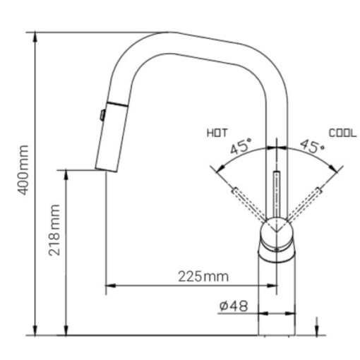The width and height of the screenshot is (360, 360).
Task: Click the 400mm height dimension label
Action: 23,170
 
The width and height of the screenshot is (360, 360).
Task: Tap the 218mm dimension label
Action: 54,230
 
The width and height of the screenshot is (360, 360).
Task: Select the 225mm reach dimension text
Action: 203,276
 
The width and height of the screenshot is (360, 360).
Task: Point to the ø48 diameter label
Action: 234,306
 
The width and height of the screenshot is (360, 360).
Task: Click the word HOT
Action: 217,133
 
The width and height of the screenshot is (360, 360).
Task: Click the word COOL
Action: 342,133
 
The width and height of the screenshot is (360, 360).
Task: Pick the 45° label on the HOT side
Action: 241,145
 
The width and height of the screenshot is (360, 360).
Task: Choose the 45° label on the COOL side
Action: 313,146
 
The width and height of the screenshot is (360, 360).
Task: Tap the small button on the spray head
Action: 102,115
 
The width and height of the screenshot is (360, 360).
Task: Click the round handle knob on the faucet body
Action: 277,234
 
